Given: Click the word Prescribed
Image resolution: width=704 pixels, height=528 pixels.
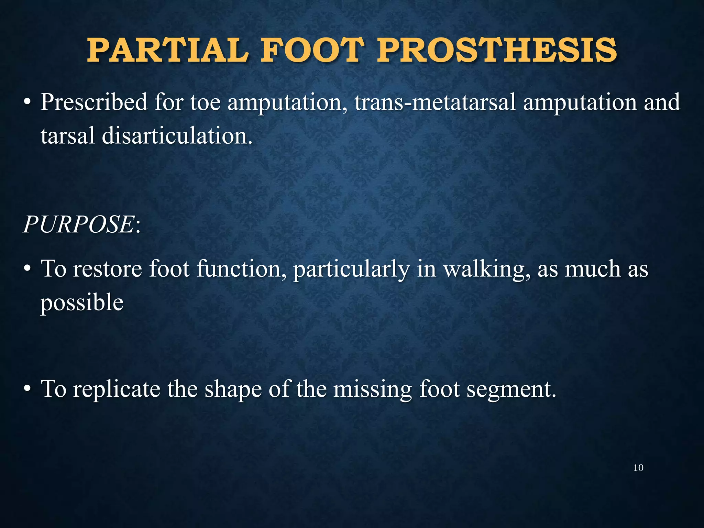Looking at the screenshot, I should [94, 102].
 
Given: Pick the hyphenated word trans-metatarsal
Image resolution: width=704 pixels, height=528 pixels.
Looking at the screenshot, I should [435, 102].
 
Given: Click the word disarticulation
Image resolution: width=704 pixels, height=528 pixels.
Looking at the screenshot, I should [177, 136].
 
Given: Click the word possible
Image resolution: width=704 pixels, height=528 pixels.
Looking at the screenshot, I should [82, 303].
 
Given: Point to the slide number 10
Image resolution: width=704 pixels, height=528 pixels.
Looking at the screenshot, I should [638, 468].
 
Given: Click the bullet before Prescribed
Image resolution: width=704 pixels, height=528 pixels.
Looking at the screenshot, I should [28, 103].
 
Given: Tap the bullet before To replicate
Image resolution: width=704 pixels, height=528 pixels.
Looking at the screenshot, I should [28, 389].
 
